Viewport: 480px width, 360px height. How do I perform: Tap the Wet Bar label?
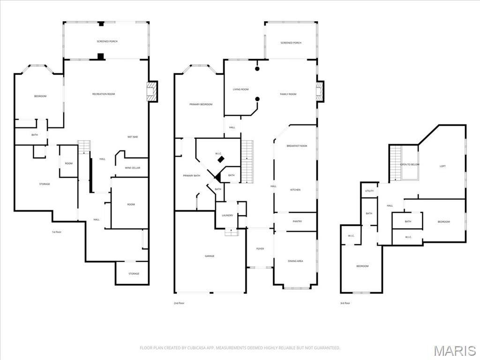coord(132,137)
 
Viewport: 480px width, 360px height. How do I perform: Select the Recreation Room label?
coord(104,94)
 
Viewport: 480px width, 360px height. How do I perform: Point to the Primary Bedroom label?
coord(201,105)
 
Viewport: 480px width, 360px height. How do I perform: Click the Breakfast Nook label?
coord(297,146)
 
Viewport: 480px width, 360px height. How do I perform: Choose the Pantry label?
coord(297,221)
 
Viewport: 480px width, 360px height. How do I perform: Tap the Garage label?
coord(210,256)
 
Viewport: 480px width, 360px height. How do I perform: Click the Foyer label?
coord(260,248)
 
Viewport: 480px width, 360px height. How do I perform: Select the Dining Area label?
coord(295,261)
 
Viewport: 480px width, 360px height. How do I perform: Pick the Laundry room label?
coord(227,215)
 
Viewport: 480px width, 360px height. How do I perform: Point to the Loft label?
coord(442,166)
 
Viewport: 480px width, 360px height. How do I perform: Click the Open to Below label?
coord(409,165)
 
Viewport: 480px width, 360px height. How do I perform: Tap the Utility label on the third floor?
coord(369,191)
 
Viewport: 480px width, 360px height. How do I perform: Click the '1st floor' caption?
coord(57,232)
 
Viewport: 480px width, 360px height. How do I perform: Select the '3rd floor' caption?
coord(345,303)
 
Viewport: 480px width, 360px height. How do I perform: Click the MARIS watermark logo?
coord(455,351)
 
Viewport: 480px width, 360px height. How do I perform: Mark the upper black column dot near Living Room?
coord(257,69)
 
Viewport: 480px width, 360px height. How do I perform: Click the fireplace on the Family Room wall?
coord(320,91)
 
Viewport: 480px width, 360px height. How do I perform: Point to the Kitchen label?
coord(295,190)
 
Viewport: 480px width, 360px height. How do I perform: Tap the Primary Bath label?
coord(191,175)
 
